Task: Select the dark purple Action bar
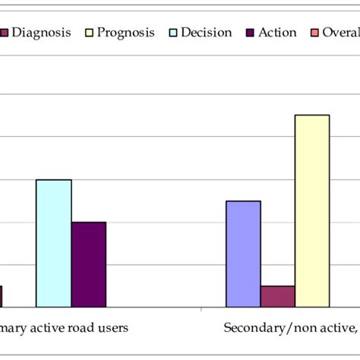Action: (x=88, y=264)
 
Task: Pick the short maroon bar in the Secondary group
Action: (x=277, y=296)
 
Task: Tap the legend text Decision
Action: (x=206, y=33)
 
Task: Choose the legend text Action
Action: (x=278, y=33)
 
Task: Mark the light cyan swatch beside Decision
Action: (x=173, y=33)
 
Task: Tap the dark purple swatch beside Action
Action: (x=250, y=33)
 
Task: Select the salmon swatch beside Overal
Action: (x=314, y=33)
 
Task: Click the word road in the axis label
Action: (x=78, y=328)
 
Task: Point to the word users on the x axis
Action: (x=111, y=328)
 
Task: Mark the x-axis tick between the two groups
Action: (x=201, y=310)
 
